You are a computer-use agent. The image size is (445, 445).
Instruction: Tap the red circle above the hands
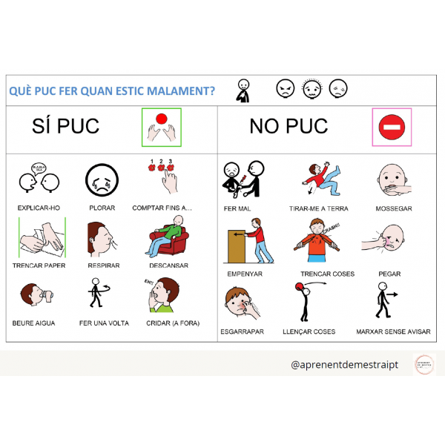(x=161, y=119)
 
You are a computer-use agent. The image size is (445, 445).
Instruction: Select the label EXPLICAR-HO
(x=39, y=208)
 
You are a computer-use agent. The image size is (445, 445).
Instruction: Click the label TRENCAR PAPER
(x=39, y=266)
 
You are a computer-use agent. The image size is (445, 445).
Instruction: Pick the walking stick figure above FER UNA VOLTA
(x=95, y=294)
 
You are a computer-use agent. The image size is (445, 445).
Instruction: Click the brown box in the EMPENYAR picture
(x=237, y=245)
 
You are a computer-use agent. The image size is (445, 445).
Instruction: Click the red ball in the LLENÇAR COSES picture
(x=300, y=286)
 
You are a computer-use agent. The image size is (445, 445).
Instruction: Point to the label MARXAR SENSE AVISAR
(x=393, y=332)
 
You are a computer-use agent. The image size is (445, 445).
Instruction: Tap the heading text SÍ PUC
(x=66, y=126)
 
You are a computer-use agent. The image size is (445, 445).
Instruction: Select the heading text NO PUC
(x=289, y=127)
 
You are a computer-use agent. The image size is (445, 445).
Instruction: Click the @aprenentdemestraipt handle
(x=346, y=365)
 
